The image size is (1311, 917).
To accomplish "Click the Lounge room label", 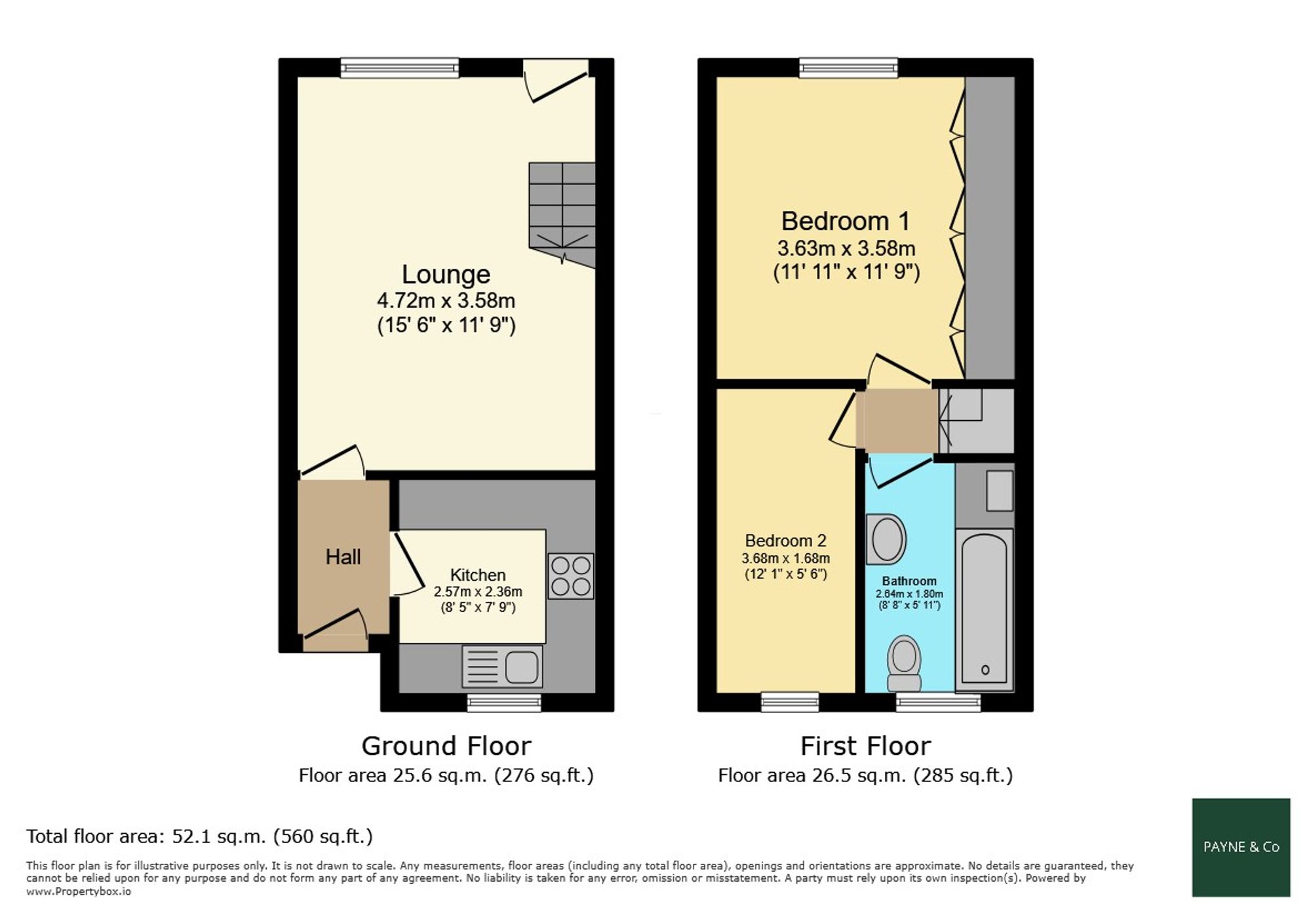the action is [x=446, y=274].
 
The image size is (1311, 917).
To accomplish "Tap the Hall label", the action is [x=343, y=556].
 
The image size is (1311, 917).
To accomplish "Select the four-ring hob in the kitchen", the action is [x=571, y=576].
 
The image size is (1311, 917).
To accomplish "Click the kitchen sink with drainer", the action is [x=503, y=667].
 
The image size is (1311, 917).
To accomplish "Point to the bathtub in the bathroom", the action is [x=985, y=610].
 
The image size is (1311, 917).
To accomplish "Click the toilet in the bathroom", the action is [x=904, y=663].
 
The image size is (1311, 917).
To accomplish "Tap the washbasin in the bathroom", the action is [x=886, y=539].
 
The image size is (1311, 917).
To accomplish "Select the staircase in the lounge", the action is [x=562, y=214].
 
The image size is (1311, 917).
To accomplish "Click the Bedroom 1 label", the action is [x=846, y=221].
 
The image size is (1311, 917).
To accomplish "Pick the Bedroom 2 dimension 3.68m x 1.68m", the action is [x=785, y=558].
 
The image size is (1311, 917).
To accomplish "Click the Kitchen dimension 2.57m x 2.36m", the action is [x=478, y=591].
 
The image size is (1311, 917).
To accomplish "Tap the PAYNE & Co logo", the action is [x=1241, y=847].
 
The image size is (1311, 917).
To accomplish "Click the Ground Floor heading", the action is [x=446, y=746].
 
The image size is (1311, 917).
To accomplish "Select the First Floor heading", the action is [x=865, y=746].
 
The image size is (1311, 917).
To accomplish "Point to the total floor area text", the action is [x=199, y=836].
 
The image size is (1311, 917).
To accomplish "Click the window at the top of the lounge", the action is [x=399, y=68].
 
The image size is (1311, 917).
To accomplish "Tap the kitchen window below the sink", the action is [x=504, y=703].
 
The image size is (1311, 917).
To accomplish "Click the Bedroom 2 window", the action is [x=790, y=703].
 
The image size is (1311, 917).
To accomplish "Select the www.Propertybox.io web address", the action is [x=79, y=891].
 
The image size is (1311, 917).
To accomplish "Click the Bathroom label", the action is [x=909, y=581].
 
